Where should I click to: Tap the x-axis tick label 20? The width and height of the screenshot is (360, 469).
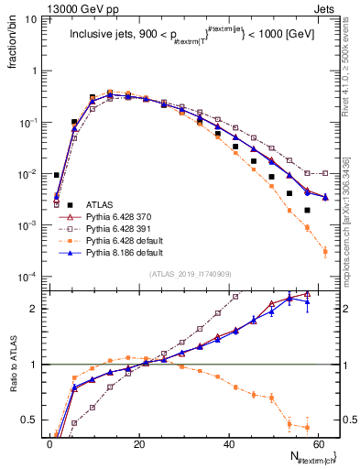coord(139,444)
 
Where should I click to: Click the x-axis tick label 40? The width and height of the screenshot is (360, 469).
coord(229,444)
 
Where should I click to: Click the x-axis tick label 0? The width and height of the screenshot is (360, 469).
coord(49,444)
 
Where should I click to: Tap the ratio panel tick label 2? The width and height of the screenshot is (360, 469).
coord(34,309)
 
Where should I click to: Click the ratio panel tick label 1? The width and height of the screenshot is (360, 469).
coord(34,365)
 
